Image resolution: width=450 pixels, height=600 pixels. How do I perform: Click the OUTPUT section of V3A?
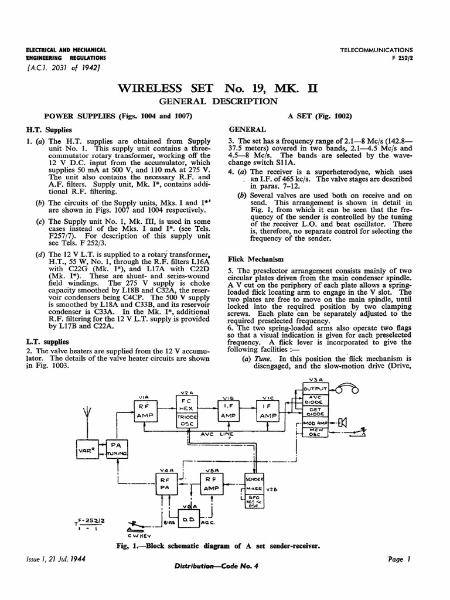click(x=317, y=388)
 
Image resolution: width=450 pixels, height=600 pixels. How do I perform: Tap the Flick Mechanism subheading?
click(x=256, y=258)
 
